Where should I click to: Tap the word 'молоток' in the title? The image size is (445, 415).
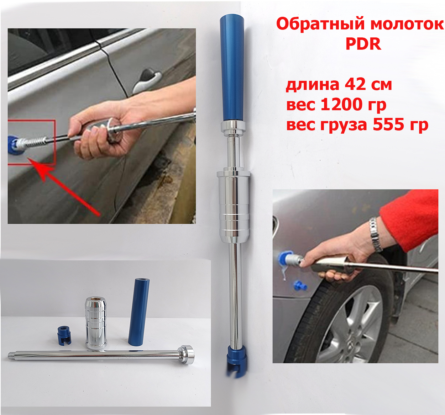click(407, 25)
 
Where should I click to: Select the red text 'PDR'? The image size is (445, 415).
click(363, 44)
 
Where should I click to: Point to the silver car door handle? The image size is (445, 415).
click(147, 81)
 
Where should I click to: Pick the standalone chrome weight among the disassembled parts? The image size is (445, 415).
click(96, 323)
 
